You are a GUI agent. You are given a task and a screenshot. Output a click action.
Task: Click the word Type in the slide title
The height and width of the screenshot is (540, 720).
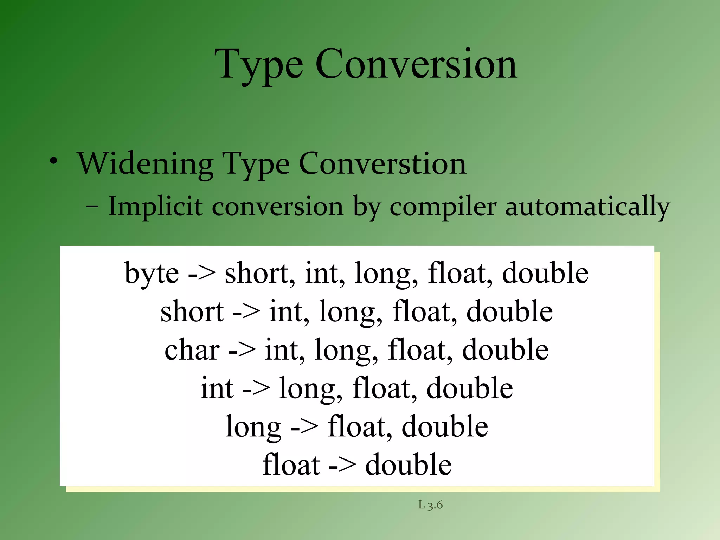pyautogui.click(x=259, y=65)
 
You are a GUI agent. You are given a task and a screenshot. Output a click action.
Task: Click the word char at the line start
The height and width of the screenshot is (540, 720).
pyautogui.click(x=192, y=350)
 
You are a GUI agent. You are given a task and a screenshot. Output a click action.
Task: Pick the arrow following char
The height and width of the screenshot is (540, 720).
pyautogui.click(x=242, y=351)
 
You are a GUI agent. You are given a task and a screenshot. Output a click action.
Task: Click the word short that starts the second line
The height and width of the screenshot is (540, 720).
pyautogui.click(x=192, y=312)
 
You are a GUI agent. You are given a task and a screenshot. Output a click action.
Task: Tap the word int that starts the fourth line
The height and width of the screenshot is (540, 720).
pyautogui.click(x=217, y=388)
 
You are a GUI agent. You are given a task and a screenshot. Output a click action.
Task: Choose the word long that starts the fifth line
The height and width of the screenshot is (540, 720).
pyautogui.click(x=253, y=427)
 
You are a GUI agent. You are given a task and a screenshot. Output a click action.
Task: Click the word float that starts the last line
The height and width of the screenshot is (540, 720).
pyautogui.click(x=291, y=465)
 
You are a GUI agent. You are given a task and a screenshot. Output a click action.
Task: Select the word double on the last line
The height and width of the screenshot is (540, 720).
pyautogui.click(x=408, y=465)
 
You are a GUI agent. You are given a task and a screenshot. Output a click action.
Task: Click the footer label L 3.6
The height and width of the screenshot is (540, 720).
pyautogui.click(x=430, y=505)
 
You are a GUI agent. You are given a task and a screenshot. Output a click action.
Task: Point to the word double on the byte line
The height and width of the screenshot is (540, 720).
pyautogui.click(x=545, y=273)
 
